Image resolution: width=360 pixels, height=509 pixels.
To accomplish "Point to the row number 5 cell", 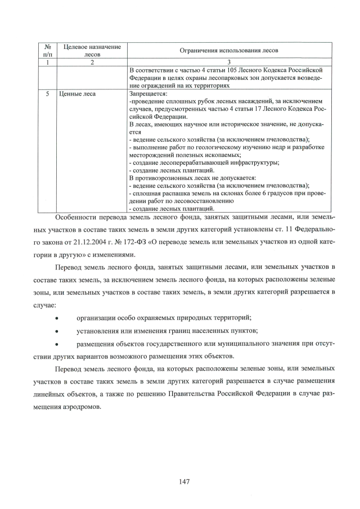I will click(x=47, y=94).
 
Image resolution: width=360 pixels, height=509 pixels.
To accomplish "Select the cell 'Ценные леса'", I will click(x=78, y=94).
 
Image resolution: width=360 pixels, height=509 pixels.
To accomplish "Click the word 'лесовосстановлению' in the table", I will click(x=197, y=200).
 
